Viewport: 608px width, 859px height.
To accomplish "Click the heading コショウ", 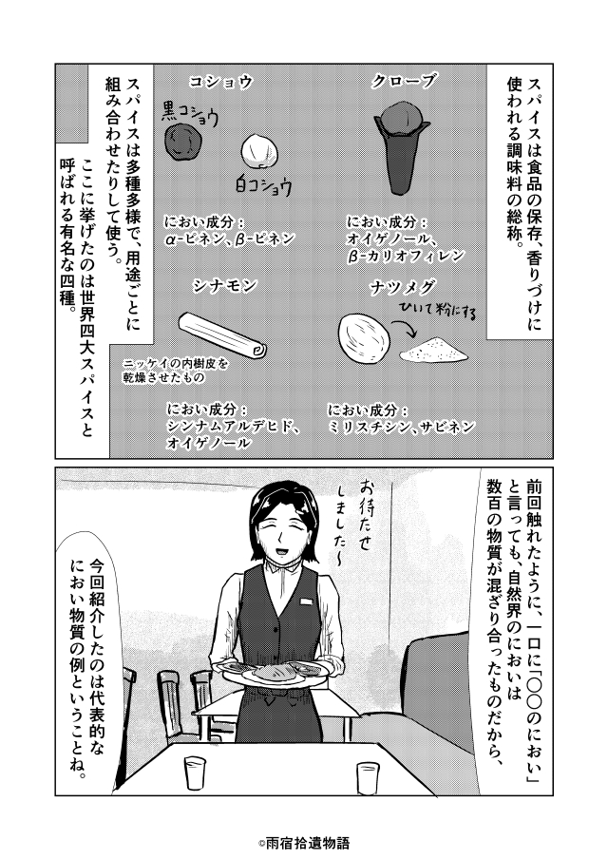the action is [x=221, y=82].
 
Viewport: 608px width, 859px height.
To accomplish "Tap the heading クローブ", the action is [x=405, y=82].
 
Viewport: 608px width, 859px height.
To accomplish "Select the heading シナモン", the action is [x=225, y=285].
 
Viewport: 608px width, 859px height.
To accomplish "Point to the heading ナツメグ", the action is [x=403, y=287].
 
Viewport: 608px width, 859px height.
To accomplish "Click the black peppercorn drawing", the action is [x=182, y=142].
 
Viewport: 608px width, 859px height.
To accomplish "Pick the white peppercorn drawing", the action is [x=259, y=151].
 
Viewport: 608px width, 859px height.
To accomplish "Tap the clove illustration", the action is [x=399, y=148].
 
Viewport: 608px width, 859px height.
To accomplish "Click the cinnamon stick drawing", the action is [x=222, y=334].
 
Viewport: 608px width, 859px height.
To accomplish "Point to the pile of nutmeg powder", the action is [x=434, y=350].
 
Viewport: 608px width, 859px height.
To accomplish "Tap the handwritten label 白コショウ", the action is [x=262, y=185].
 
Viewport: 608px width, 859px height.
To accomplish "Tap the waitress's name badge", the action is [x=307, y=601].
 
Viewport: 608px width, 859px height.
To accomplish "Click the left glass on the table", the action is [x=195, y=773].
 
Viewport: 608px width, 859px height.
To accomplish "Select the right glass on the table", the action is [x=368, y=778].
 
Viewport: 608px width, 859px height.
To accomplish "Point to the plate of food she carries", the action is [x=273, y=672].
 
